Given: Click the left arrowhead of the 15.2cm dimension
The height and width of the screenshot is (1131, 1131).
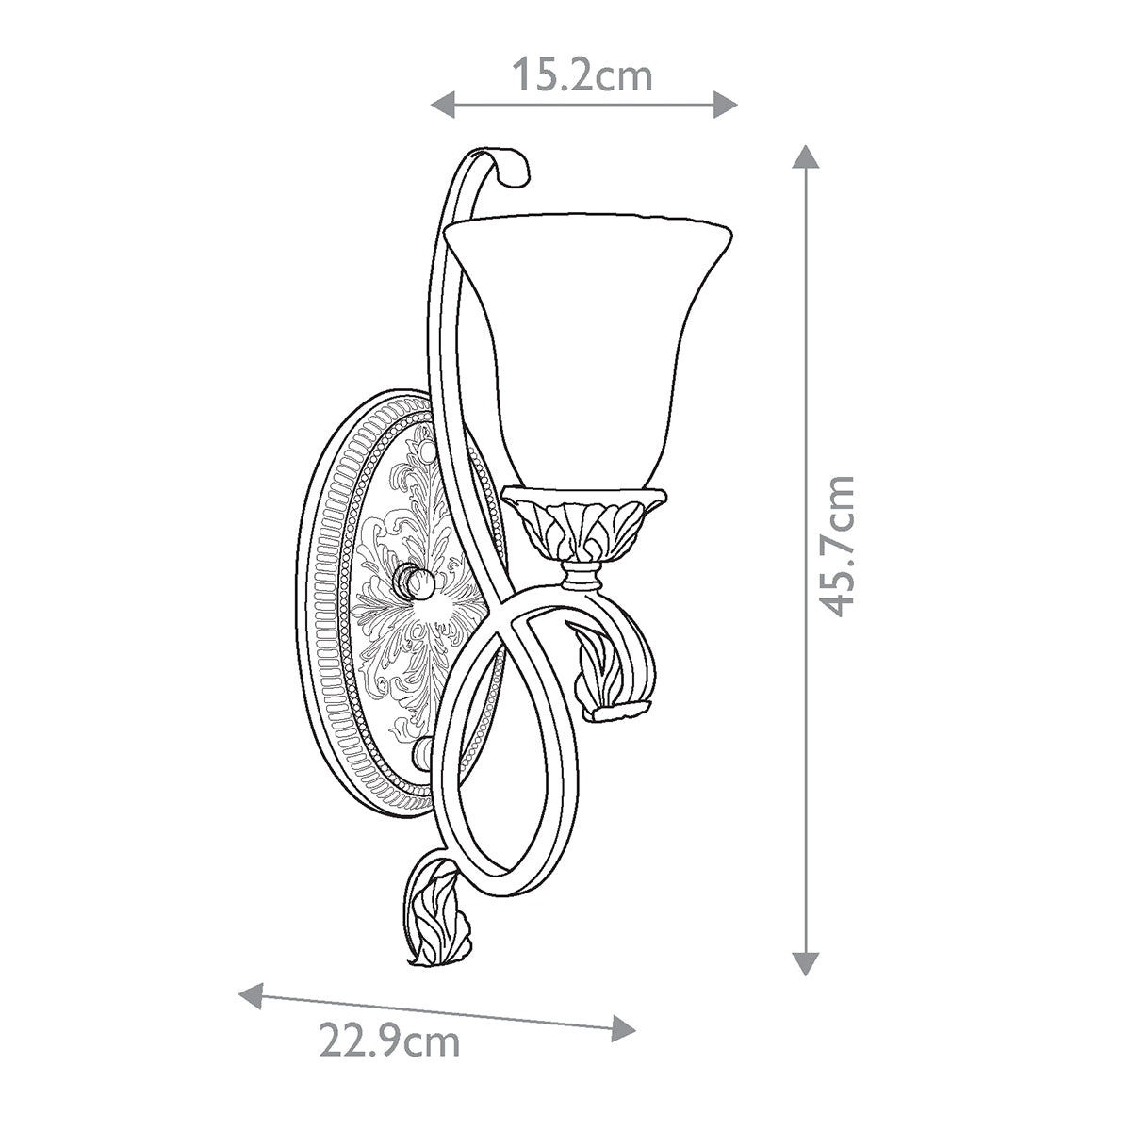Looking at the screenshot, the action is (443, 105).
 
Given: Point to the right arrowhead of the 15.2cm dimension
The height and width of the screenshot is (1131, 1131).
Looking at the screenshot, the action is (725, 105).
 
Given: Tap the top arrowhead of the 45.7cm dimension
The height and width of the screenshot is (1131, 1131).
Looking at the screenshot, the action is (805, 156).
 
